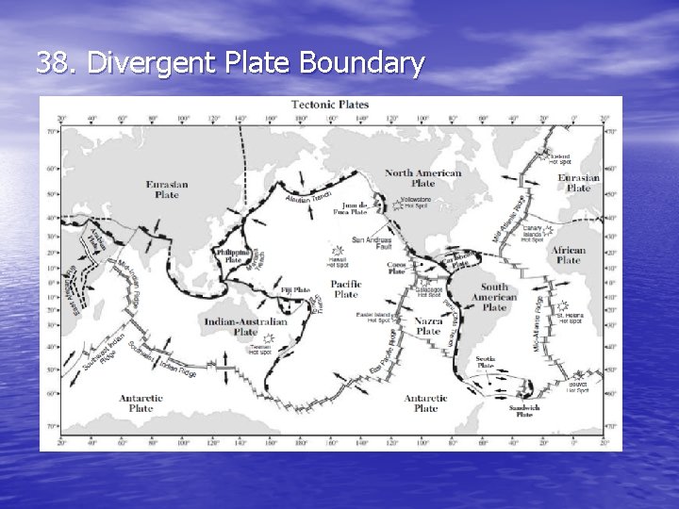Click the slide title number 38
57,63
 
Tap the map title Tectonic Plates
330,105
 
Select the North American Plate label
423,178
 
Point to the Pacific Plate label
346,288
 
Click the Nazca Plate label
428,326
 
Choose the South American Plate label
494,297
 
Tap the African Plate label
569,255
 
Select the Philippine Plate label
232,256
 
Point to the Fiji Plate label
295,290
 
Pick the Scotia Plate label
487,363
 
